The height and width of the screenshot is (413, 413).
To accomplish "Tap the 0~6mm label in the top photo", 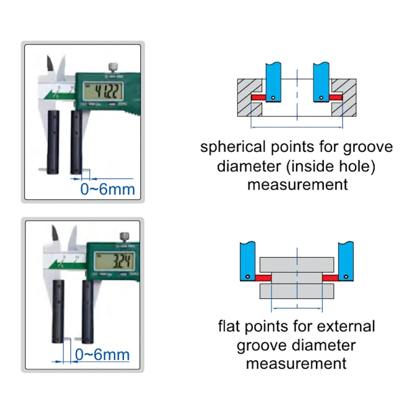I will point(107,191).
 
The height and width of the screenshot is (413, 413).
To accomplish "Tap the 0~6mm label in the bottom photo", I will point(102,354).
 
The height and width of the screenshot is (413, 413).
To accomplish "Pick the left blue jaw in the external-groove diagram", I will point(247,262).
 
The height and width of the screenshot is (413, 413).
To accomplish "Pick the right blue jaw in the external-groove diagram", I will point(346,262).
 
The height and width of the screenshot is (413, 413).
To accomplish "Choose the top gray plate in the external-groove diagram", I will point(296,263).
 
